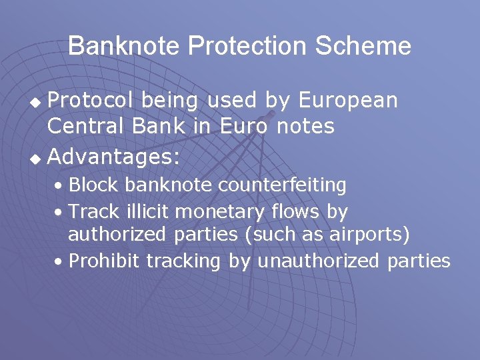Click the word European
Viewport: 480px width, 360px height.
click(x=348, y=101)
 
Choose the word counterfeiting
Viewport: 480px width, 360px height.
click(x=283, y=185)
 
